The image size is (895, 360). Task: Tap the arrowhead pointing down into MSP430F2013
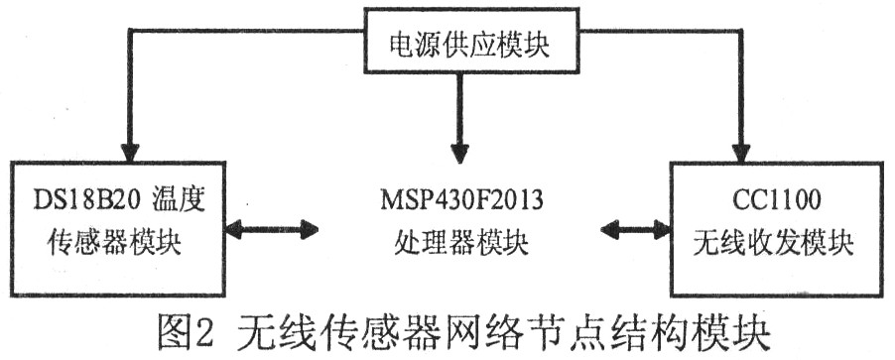click(457, 153)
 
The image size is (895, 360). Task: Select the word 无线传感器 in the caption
click(338, 329)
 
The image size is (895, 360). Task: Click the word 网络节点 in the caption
click(526, 329)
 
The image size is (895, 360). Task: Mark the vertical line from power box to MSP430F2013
click(457, 109)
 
